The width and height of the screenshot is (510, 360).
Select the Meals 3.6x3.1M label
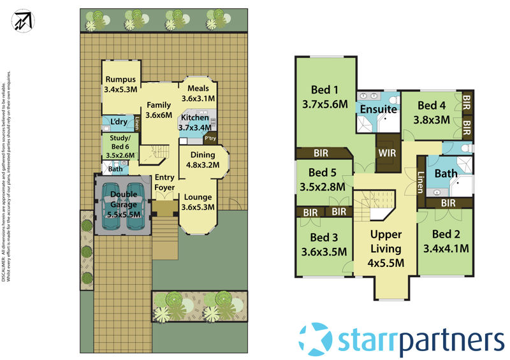point(198,94)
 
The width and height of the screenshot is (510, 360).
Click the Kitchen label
point(194,122)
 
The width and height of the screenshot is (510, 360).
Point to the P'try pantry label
point(208,138)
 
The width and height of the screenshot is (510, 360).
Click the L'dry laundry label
point(118,121)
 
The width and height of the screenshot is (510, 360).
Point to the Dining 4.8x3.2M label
point(202,159)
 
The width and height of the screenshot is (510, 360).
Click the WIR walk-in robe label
point(387,153)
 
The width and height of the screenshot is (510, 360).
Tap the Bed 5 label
point(322,180)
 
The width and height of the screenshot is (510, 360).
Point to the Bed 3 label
point(324,244)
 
